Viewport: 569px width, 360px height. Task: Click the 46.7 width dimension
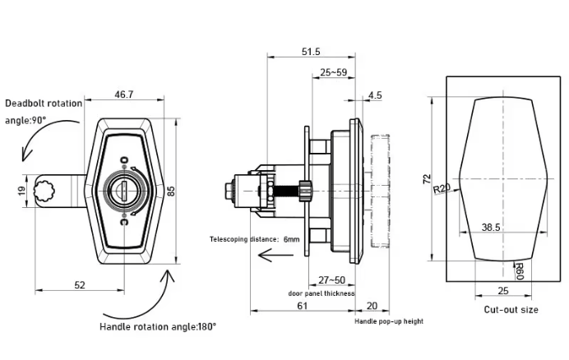[124, 95]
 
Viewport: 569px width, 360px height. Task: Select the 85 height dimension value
[171, 191]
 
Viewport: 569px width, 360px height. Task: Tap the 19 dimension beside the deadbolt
[21, 191]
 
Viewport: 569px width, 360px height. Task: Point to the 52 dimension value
[80, 285]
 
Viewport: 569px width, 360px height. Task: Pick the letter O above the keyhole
[124, 160]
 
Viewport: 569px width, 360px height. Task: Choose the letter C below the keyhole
[124, 221]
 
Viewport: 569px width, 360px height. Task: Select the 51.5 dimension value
[311, 52]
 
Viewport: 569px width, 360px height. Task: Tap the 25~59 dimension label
[334, 72]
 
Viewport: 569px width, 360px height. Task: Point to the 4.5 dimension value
[375, 95]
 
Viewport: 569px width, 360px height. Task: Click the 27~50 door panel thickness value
[331, 280]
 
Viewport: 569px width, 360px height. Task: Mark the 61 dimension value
[303, 306]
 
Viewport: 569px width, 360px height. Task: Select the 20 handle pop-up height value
[372, 306]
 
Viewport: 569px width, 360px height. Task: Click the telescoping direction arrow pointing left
[275, 255]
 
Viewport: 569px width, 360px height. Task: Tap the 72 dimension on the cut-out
[427, 179]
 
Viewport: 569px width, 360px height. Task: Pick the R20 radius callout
[442, 188]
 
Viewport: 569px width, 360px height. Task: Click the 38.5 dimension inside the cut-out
[491, 228]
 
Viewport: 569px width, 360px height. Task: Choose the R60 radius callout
[520, 271]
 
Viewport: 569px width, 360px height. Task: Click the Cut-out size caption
[511, 310]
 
